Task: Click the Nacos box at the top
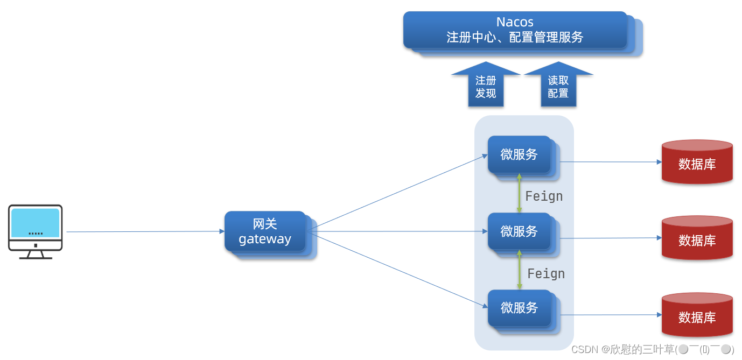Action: pyautogui.click(x=515, y=30)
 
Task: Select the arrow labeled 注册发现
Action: pyautogui.click(x=486, y=87)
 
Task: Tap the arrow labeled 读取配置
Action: pyautogui.click(x=558, y=87)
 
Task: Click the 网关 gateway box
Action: pyautogui.click(x=265, y=232)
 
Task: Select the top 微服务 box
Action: pyautogui.click(x=519, y=154)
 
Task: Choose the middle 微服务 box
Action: pyautogui.click(x=519, y=231)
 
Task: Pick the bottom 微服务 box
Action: pyautogui.click(x=519, y=308)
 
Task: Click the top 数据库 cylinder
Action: pyautogui.click(x=697, y=163)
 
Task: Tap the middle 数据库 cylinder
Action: pyautogui.click(x=697, y=239)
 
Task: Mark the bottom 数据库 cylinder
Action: pyautogui.click(x=697, y=316)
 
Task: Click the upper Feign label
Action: pyautogui.click(x=544, y=196)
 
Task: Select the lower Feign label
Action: pyautogui.click(x=546, y=274)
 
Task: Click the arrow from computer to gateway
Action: pyautogui.click(x=145, y=232)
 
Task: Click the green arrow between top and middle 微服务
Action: pyautogui.click(x=519, y=193)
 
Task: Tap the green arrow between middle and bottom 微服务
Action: pyautogui.click(x=519, y=270)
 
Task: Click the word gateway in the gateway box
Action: pyautogui.click(x=265, y=239)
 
